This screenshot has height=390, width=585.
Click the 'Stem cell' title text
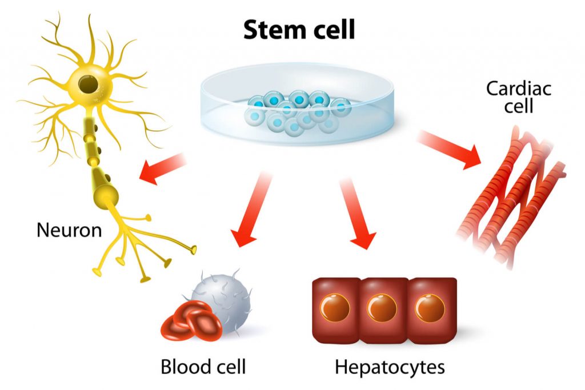(299, 30)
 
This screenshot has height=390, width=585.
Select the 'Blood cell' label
(203, 367)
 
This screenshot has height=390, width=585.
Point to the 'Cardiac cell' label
(510, 97)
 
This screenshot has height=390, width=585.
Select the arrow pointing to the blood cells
(251, 211)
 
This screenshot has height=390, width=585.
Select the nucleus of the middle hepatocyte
(382, 308)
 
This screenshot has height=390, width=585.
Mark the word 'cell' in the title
(332, 30)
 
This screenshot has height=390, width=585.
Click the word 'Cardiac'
(510, 89)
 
